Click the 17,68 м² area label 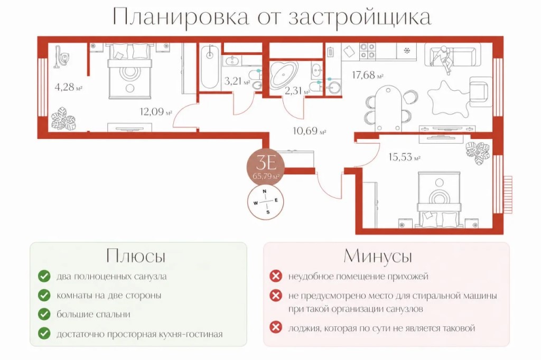(x=368, y=75)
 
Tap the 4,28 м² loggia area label (x=68, y=87)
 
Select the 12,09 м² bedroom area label (x=156, y=112)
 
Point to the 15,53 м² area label (x=404, y=157)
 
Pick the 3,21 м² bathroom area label (x=237, y=81)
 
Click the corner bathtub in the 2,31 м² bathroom (x=283, y=73)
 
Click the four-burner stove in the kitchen (x=368, y=51)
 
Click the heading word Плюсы (x=136, y=256)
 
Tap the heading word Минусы (x=378, y=256)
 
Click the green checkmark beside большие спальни (x=44, y=314)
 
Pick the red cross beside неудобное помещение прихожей (x=276, y=276)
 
